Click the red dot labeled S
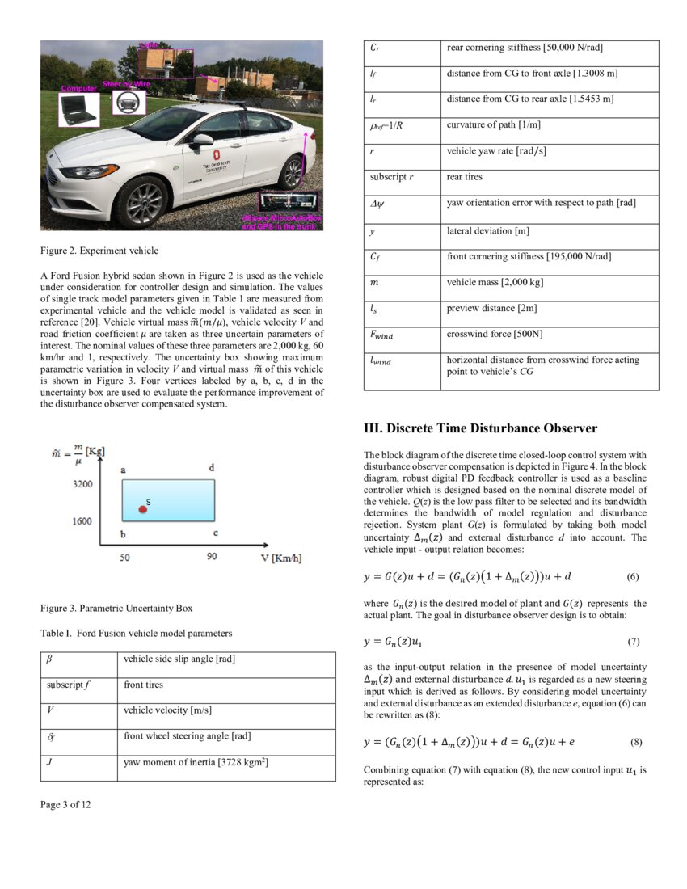[x=142, y=509]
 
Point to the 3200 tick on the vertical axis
[x=81, y=484]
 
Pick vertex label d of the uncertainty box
[x=212, y=467]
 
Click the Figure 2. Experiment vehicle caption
[x=99, y=251]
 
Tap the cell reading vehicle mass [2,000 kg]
[x=494, y=282]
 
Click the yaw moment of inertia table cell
[x=196, y=762]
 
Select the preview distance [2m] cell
[x=491, y=308]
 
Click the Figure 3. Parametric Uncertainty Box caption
[x=117, y=607]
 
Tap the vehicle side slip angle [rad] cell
[x=179, y=659]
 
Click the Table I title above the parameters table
[x=136, y=633]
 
